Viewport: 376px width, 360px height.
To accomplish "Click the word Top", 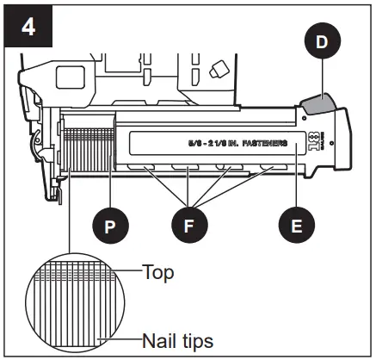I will click(x=159, y=273).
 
